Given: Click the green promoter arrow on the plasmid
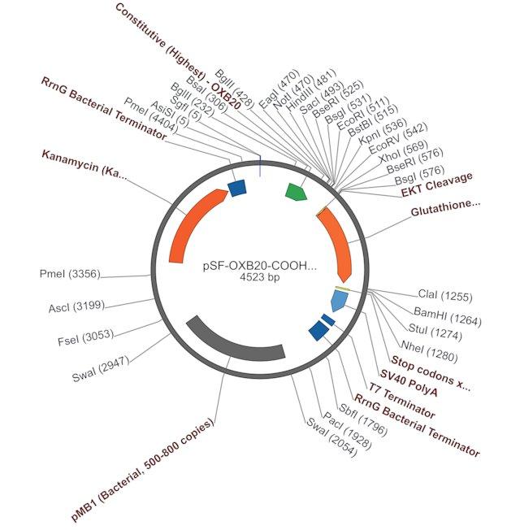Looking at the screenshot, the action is point(296,192).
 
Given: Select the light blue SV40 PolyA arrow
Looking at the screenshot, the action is point(340,301).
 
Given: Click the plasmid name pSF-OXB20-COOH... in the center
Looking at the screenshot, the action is point(260,266).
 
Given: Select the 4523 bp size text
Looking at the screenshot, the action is point(260,277).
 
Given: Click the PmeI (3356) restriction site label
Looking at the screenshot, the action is point(70,273).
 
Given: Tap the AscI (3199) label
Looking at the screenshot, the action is point(76,306).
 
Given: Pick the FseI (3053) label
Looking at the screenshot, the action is point(86,337).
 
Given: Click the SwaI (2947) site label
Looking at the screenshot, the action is point(101,368).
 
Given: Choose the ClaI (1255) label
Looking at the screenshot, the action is point(445,295).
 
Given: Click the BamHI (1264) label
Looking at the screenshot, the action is point(448,316).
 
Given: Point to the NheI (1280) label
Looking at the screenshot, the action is point(429,351).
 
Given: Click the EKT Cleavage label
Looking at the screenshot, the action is point(437,185).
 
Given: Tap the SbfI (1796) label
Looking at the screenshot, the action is point(362,419).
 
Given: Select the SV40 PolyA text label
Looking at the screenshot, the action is point(409,383).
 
